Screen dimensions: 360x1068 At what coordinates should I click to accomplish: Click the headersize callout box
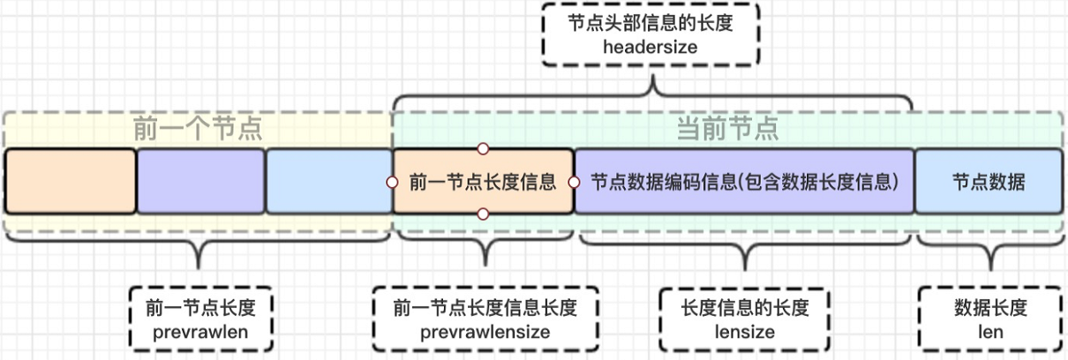click(x=651, y=35)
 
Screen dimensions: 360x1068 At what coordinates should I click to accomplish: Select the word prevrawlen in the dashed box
click(x=200, y=332)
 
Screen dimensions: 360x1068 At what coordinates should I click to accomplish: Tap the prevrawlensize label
click(x=485, y=332)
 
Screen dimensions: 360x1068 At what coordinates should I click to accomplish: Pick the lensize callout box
click(x=746, y=320)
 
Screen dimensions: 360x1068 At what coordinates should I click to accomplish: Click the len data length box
click(x=990, y=320)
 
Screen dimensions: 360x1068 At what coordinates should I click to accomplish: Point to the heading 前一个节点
click(x=198, y=130)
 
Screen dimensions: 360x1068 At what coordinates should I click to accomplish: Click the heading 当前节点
click(x=727, y=130)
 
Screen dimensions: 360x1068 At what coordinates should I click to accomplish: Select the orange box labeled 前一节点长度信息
click(x=483, y=182)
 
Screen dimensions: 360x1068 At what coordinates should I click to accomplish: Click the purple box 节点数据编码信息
click(x=744, y=182)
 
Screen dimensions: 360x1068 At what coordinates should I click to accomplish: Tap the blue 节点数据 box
click(x=988, y=182)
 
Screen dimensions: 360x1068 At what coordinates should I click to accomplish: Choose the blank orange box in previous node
click(x=71, y=182)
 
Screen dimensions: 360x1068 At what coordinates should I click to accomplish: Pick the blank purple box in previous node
click(x=201, y=182)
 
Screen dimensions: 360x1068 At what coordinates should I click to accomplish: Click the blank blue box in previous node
click(x=329, y=182)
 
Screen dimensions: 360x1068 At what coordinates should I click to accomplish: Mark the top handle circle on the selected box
click(x=483, y=149)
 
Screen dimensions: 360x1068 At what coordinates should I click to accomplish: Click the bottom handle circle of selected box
click(x=483, y=214)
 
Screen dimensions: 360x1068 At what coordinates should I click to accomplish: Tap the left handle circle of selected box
click(x=392, y=182)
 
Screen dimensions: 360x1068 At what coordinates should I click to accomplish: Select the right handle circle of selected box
click(x=574, y=182)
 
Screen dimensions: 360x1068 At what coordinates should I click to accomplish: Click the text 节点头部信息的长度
click(x=651, y=24)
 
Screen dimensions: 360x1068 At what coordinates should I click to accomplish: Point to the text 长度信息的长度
click(x=746, y=309)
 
